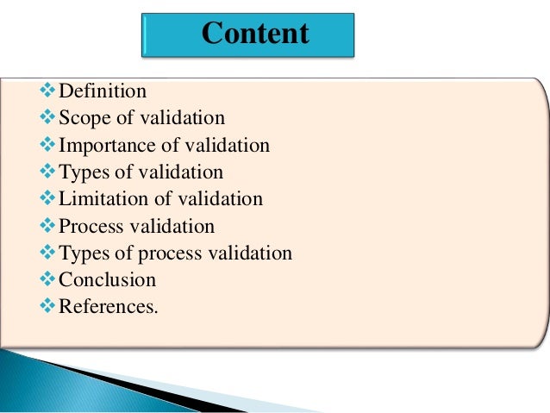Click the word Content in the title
pyautogui.click(x=255, y=34)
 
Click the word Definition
pyautogui.click(x=103, y=91)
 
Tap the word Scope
pyautogui.click(x=84, y=118)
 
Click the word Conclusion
pyautogui.click(x=108, y=279)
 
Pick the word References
pyautogui.click(x=107, y=306)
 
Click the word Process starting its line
pyautogui.click(x=89, y=226)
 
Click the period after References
pyautogui.click(x=157, y=310)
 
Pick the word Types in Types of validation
pyautogui.click(x=83, y=172)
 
